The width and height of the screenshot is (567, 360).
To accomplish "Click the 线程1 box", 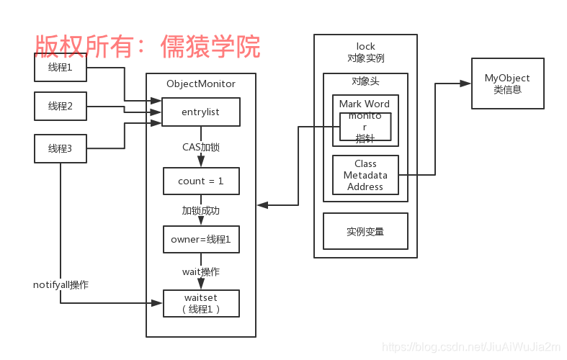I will [x=61, y=68].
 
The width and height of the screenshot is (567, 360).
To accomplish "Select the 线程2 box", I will [x=61, y=106].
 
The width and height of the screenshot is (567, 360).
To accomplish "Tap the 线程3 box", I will [x=61, y=148].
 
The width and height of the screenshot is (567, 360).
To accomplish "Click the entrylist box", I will [x=200, y=112].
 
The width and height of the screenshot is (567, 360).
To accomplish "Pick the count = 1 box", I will [x=200, y=181].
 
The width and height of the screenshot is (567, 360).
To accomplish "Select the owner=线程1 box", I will [x=200, y=239].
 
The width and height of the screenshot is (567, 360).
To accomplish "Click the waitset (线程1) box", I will [x=200, y=302].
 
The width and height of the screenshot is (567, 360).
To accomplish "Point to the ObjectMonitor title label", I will [x=200, y=84].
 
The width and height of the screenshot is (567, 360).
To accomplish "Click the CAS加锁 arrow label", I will [x=200, y=147].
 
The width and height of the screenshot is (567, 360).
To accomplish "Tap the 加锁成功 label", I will [x=200, y=210].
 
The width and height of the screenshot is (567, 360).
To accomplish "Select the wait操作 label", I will [x=200, y=271].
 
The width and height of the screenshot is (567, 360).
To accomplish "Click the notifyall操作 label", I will [x=61, y=284].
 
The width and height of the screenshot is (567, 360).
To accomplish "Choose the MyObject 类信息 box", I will [x=506, y=84].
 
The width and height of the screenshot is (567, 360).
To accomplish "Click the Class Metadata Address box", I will [x=365, y=175].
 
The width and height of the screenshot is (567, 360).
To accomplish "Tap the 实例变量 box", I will [x=365, y=231].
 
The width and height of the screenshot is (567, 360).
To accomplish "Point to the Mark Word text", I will [x=365, y=104].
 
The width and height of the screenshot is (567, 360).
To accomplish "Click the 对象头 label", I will [x=365, y=81].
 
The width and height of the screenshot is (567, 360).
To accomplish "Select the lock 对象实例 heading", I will [x=365, y=52].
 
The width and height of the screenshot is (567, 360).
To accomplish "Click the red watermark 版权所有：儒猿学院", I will [x=148, y=46].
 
